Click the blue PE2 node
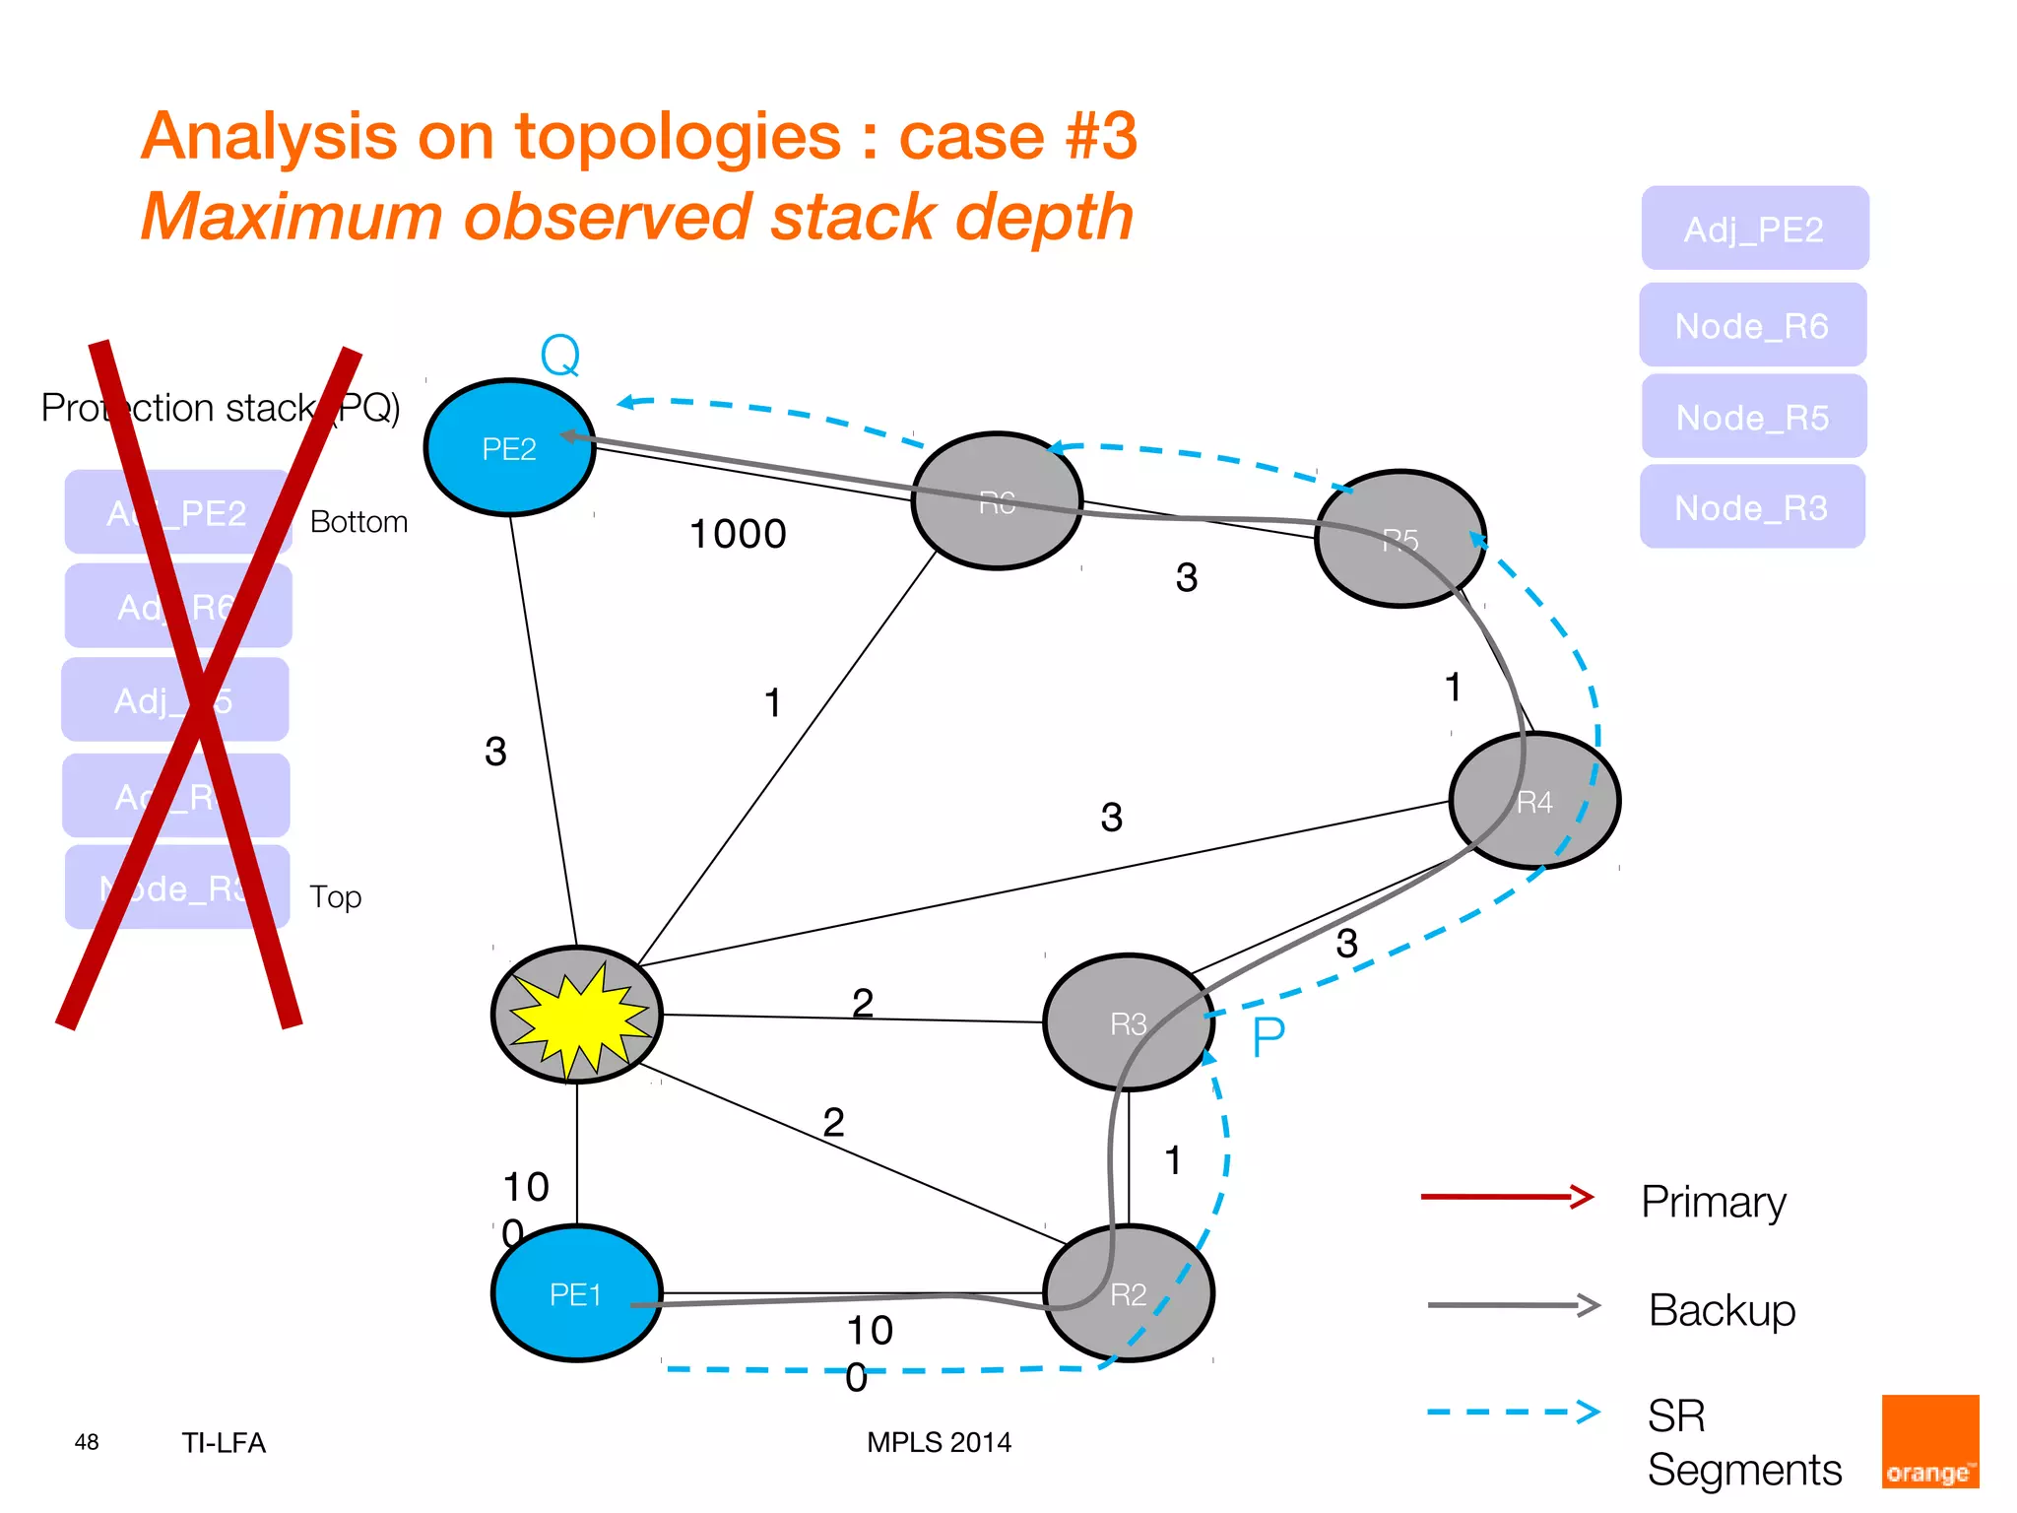coord(509,448)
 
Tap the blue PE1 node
coord(576,1293)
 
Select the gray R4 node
coord(1534,801)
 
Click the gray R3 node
coord(1128,1023)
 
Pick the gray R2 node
coord(1129,1293)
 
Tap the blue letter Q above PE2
coord(560,356)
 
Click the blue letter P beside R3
coord(1269,1037)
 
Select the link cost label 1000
coord(738,534)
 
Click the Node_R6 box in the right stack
coord(1752,326)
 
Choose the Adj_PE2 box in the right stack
coord(1754,230)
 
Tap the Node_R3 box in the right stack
coord(1751,508)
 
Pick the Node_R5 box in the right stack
coord(1753,418)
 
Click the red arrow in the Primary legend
coord(1507,1197)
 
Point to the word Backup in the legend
coord(1722,1310)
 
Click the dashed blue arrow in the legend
coord(1513,1412)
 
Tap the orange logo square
coord(1929,1441)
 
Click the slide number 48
coord(87,1442)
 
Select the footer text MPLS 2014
coord(939,1442)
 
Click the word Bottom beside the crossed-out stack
coord(358,522)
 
